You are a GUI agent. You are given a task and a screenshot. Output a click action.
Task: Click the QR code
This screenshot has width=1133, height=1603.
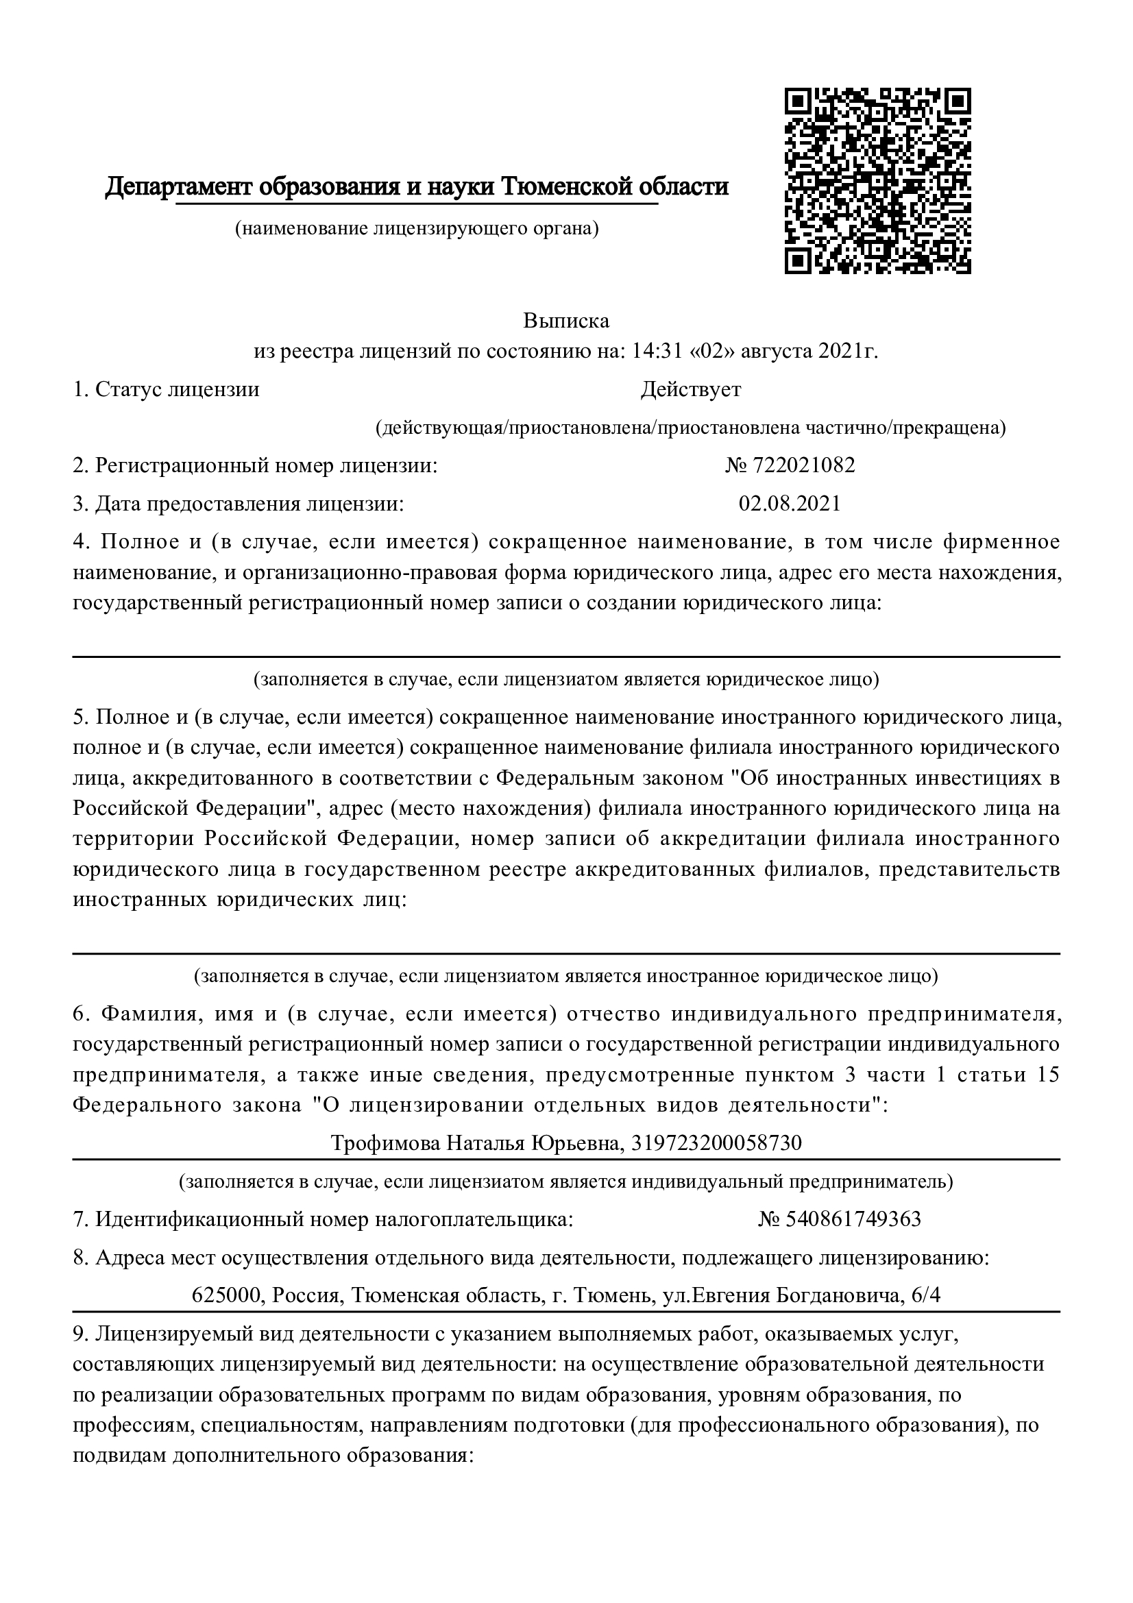coord(877,180)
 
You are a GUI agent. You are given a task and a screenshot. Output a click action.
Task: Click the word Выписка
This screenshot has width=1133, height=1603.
coord(566,321)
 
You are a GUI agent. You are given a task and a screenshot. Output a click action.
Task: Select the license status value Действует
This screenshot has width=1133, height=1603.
coord(690,389)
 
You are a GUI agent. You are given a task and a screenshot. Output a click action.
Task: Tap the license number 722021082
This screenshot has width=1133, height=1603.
coord(803,465)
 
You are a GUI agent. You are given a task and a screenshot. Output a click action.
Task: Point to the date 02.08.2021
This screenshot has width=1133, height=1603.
coord(790,504)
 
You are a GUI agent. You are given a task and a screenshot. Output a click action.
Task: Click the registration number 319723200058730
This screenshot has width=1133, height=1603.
coord(716,1143)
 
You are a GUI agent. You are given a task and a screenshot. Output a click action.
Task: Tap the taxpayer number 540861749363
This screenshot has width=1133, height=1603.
coord(853,1219)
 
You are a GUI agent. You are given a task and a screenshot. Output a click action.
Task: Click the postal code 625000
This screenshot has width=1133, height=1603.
coord(227,1295)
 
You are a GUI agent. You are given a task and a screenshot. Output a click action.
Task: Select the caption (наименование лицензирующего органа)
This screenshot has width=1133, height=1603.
coord(417,228)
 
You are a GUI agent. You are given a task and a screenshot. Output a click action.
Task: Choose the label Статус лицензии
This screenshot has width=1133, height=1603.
coord(178,389)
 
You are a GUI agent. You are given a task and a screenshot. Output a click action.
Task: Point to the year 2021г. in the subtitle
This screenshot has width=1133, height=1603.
coord(848,350)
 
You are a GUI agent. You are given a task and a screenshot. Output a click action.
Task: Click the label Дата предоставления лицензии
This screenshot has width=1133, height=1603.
coord(249,504)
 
